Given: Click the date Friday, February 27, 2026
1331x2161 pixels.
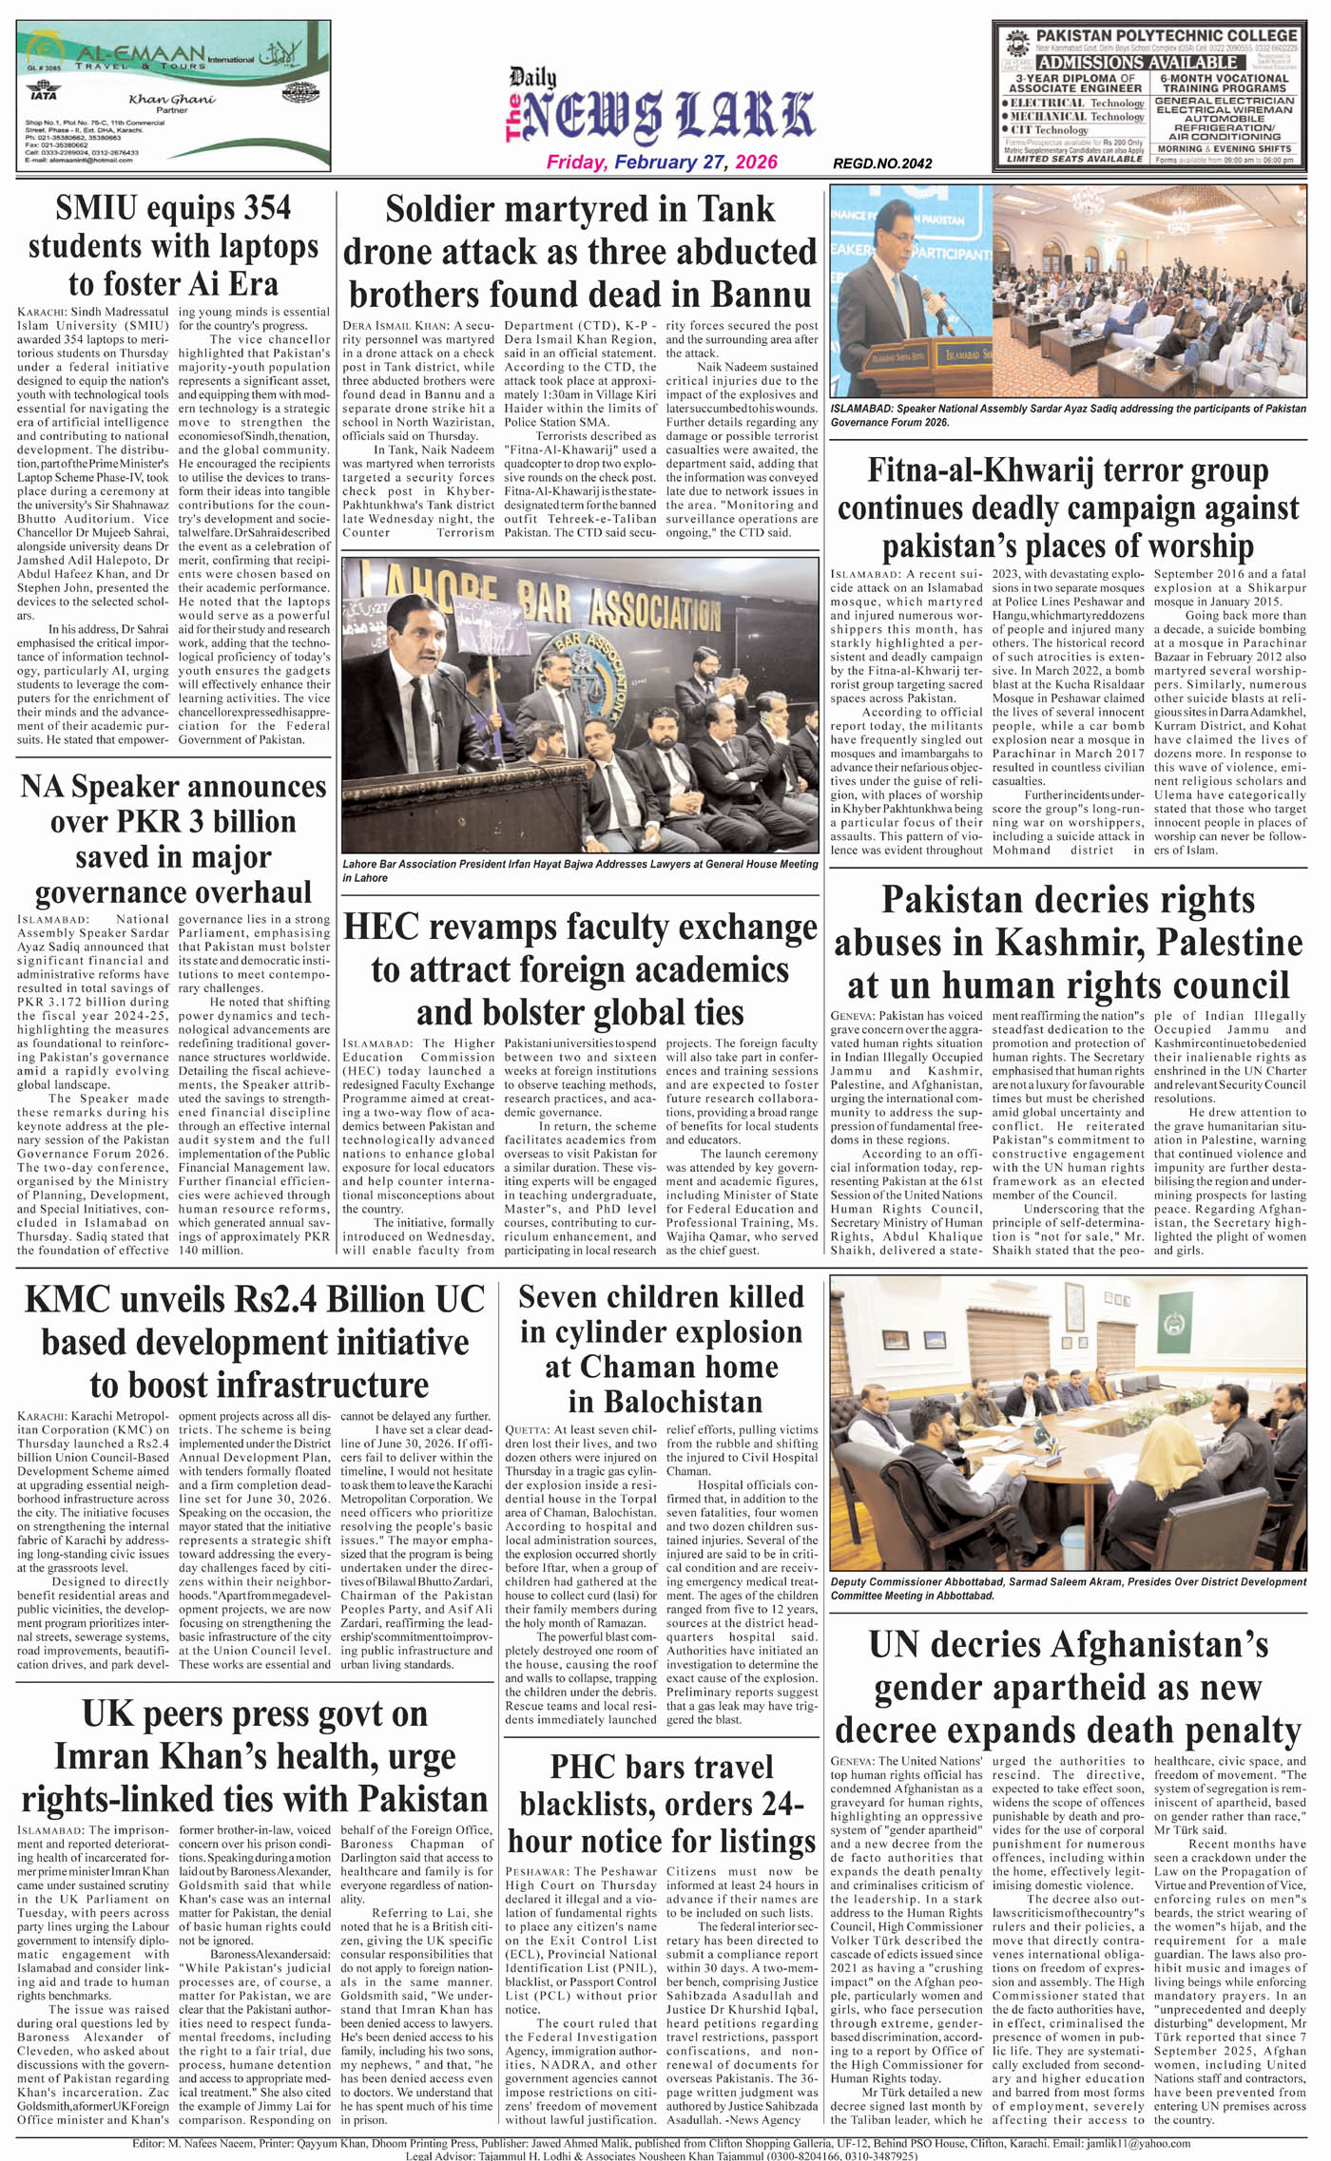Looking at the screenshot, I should (x=662, y=163).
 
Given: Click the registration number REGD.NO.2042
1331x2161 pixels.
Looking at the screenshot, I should (x=882, y=163).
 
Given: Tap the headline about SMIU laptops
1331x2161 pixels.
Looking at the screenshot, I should (x=173, y=246).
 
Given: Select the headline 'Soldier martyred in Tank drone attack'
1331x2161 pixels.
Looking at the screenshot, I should (x=579, y=252).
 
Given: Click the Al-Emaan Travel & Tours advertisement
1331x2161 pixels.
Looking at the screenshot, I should (x=173, y=95).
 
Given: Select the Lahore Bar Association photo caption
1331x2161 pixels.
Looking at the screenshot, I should (x=579, y=870).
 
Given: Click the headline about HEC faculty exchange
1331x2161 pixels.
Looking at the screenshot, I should (x=580, y=970).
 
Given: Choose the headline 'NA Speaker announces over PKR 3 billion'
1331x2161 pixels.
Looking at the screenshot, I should (x=173, y=839).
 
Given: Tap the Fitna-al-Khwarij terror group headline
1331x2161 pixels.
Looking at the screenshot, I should (x=1068, y=508).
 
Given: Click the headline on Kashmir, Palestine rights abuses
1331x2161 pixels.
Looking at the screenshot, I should (x=1068, y=943).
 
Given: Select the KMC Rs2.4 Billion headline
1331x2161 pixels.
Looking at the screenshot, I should (x=254, y=1342).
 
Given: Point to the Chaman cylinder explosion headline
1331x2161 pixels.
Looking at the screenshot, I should (x=662, y=1349).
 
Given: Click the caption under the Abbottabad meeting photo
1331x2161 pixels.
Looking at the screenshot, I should (x=1068, y=1589).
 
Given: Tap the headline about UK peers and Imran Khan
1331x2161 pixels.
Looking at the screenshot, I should (x=254, y=1756).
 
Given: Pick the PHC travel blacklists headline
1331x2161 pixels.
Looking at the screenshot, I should (x=662, y=1804).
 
